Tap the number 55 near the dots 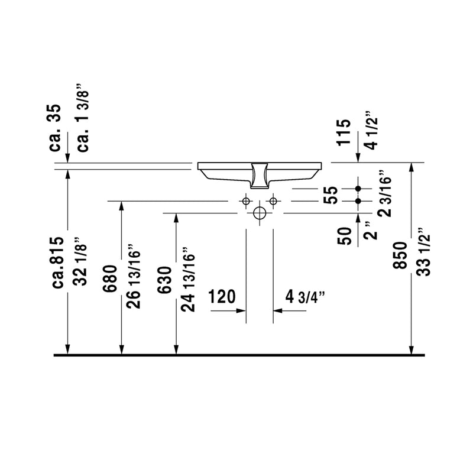pyautogui.click(x=332, y=195)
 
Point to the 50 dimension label pyautogui.click(x=345, y=235)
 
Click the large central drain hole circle pyautogui.click(x=260, y=213)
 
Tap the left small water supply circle pyautogui.click(x=246, y=202)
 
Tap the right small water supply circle pyautogui.click(x=273, y=202)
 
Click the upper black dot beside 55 pyautogui.click(x=358, y=189)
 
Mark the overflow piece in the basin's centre pyautogui.click(x=260, y=173)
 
